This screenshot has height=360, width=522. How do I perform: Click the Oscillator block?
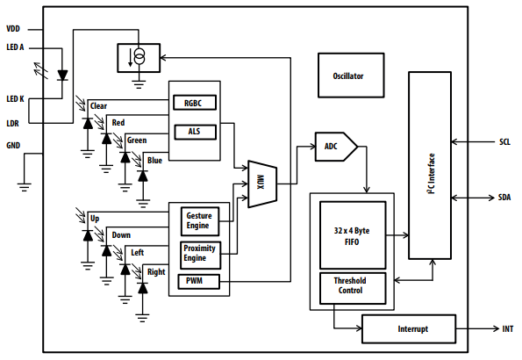coord(348,76)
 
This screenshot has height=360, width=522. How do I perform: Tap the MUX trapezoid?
coord(261,184)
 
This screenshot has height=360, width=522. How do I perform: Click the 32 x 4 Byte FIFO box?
coord(351,234)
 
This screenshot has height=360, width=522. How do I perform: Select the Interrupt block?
coord(408,329)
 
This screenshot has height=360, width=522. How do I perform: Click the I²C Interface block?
coord(429,166)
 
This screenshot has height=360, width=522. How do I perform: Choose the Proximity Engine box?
coord(199,254)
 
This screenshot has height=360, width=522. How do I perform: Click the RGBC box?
coord(194,103)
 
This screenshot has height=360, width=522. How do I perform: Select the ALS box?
coord(194,132)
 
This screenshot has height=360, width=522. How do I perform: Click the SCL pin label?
coord(504,140)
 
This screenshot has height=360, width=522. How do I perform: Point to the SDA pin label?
coord(504,198)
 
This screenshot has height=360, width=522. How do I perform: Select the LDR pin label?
coord(13,123)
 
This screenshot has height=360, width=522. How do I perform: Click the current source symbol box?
coord(138,59)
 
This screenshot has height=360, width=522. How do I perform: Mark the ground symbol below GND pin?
coord(25,185)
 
